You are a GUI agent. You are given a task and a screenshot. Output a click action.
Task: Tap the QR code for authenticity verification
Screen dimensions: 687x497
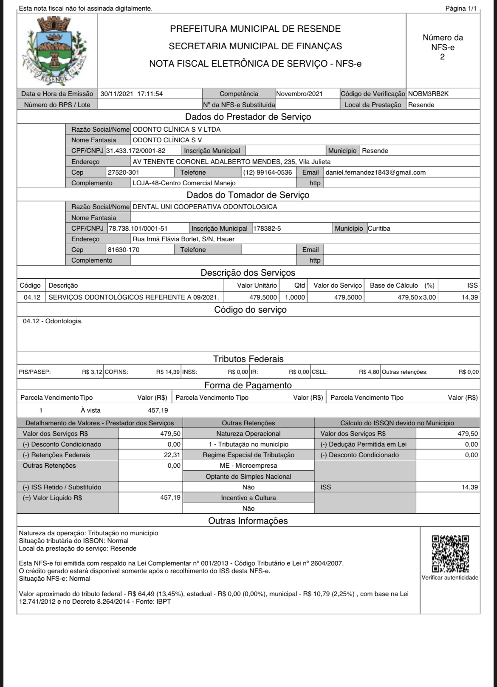coord(450,554)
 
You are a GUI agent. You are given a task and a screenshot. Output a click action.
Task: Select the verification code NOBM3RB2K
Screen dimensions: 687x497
coord(428,94)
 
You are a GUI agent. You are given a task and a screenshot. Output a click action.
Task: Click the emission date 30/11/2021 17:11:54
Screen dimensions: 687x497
coord(132,94)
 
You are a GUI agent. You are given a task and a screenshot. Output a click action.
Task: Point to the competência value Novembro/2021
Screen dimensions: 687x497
coord(299,94)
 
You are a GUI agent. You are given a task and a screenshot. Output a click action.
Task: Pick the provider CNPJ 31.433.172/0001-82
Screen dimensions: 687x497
coord(136,150)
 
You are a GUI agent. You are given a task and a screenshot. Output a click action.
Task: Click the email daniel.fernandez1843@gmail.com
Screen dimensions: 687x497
coord(376,172)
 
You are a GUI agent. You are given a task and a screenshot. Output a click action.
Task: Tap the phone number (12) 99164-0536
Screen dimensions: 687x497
coord(268,172)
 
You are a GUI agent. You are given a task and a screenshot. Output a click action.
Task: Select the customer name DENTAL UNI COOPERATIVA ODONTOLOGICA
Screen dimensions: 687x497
coord(205,207)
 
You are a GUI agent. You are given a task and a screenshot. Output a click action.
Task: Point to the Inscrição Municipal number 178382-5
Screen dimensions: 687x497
coord(267,229)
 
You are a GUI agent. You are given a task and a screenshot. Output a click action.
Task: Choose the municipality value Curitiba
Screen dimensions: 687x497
coord(379,229)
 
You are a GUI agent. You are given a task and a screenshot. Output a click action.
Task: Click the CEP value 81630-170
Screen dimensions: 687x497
coord(124,250)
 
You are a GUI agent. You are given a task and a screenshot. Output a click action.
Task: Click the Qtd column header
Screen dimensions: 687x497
coord(299,286)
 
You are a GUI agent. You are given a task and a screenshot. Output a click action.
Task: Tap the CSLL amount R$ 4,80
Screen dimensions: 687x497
coord(369,372)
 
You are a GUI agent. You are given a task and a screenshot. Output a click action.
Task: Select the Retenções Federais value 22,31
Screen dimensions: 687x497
coord(172,455)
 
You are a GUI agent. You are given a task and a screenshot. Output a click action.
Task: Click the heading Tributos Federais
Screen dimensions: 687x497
coord(248,359)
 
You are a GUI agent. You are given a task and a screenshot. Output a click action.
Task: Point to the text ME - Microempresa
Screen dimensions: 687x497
coord(248,466)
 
